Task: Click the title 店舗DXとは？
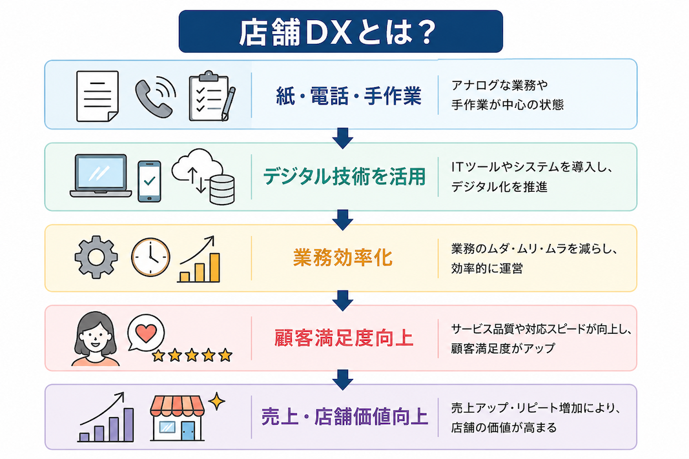(x=338, y=32)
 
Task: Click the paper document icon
(x=98, y=96)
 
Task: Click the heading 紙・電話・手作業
(x=349, y=96)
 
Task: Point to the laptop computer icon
(x=101, y=176)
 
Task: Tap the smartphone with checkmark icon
(x=149, y=181)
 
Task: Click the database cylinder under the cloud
(x=222, y=190)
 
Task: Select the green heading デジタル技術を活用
(x=345, y=177)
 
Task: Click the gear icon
(x=96, y=257)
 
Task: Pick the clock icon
(x=150, y=258)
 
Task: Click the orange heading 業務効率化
(x=343, y=258)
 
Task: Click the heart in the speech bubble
(x=146, y=333)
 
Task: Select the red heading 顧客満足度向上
(x=344, y=338)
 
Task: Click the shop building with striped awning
(x=177, y=418)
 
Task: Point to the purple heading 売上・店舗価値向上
(x=345, y=417)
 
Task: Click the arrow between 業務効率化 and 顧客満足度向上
(x=343, y=300)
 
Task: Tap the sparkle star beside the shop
(x=216, y=401)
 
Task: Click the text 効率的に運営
(x=487, y=269)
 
